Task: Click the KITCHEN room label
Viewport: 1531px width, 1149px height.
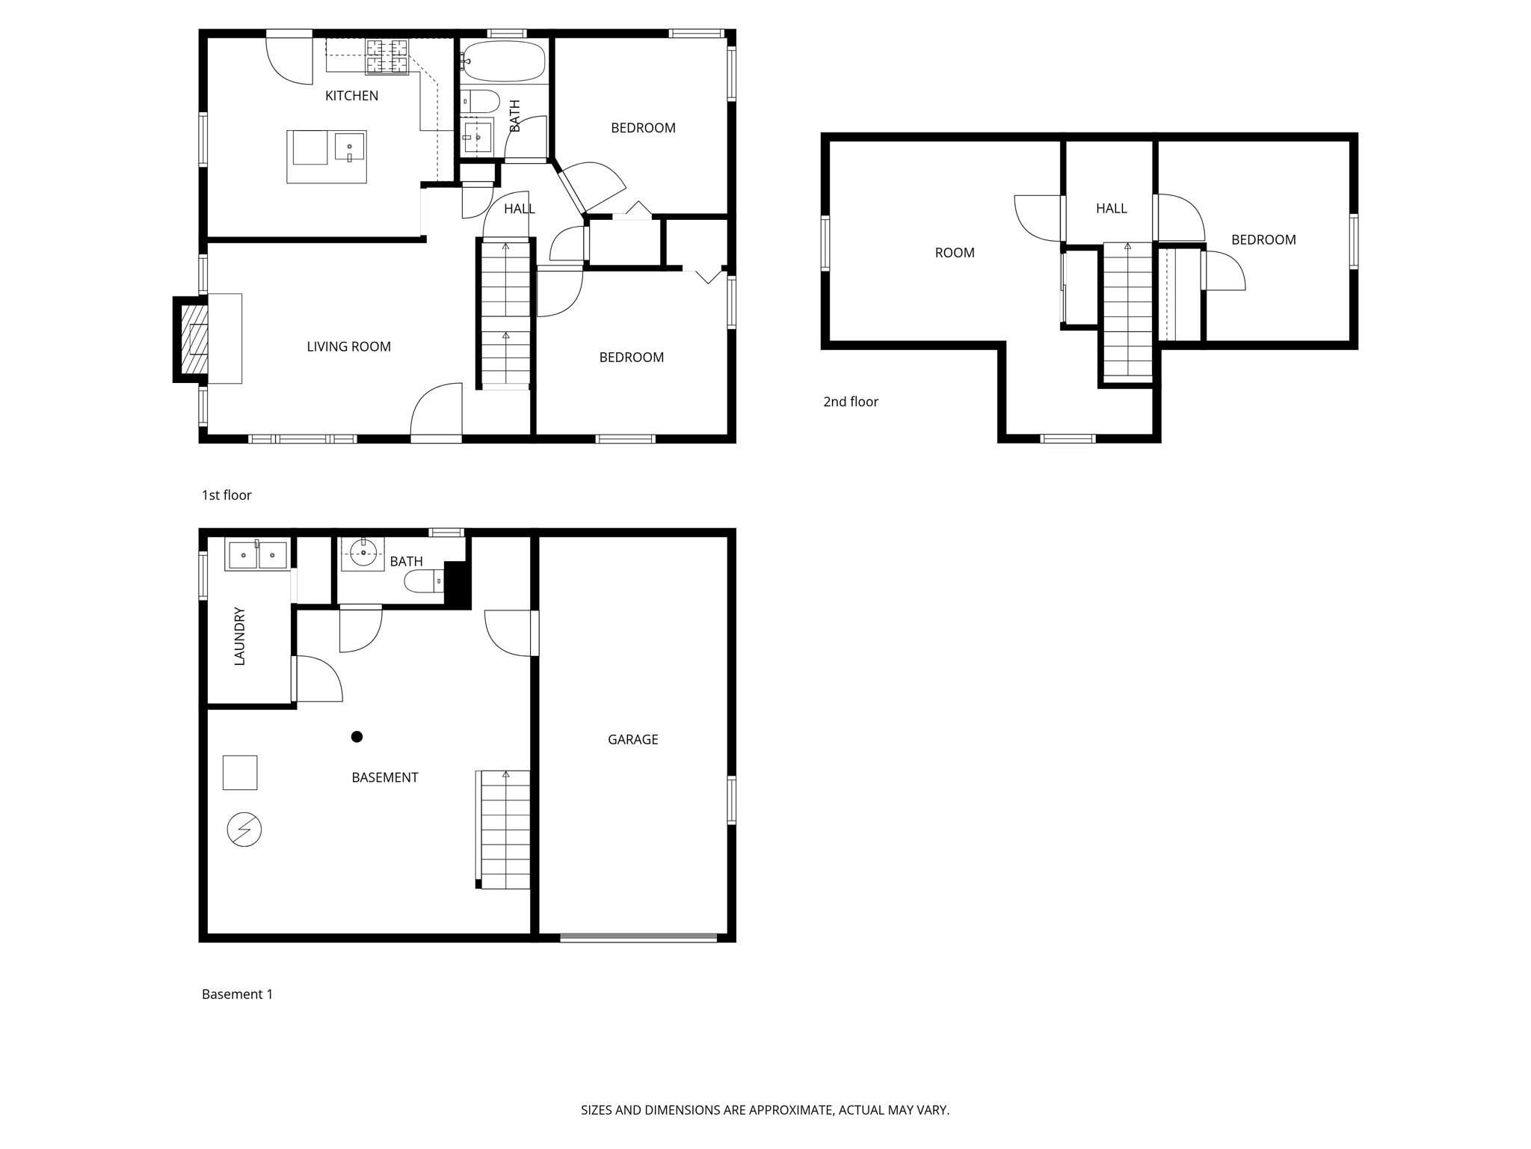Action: point(351,96)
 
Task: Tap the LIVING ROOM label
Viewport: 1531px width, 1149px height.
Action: point(348,346)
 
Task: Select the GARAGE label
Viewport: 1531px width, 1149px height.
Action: point(632,739)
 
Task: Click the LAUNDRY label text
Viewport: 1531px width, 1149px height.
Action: point(239,636)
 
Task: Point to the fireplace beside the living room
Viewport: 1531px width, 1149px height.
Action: point(194,340)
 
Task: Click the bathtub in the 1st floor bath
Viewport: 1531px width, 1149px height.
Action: point(503,61)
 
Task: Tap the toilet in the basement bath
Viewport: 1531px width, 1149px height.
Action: point(424,581)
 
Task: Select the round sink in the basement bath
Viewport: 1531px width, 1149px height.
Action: point(363,554)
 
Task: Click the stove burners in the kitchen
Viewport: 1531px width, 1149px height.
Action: point(386,58)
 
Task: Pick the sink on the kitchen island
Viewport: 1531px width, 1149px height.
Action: point(349,147)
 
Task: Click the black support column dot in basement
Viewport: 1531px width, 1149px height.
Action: point(357,737)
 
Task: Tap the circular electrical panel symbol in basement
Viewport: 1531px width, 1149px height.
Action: point(244,830)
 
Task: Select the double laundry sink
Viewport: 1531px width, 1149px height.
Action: point(257,555)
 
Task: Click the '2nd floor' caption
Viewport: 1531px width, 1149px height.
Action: point(851,402)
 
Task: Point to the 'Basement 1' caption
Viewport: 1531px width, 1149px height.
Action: point(237,994)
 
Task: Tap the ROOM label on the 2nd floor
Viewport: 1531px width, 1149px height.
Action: point(955,253)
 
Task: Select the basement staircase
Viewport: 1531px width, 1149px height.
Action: point(505,830)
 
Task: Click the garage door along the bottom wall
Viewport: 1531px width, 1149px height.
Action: point(638,937)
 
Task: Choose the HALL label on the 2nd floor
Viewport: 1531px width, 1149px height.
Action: point(1111,209)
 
